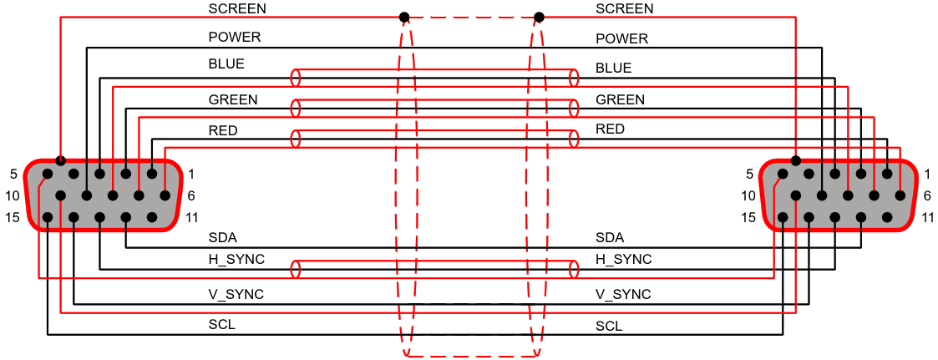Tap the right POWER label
[x=622, y=39]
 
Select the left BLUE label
[x=226, y=64]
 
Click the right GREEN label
[x=621, y=100]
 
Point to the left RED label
[x=222, y=130]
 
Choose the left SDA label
[x=222, y=238]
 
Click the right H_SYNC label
[x=624, y=260]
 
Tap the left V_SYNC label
[x=236, y=294]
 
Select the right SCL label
[x=609, y=327]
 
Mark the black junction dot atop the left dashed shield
[x=403, y=17]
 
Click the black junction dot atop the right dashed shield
[x=539, y=17]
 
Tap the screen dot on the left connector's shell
[x=60, y=160]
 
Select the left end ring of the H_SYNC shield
[x=295, y=269]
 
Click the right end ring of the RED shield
[x=575, y=139]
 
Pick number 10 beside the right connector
[x=749, y=195]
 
